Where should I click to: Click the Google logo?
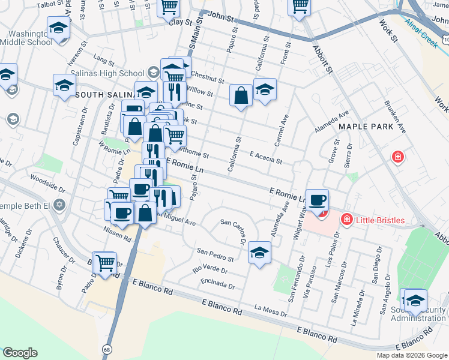pos(20,353)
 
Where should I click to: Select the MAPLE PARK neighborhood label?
pos(366,127)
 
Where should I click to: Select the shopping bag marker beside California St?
pos(241,95)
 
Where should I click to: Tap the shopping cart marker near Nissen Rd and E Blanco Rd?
pos(106,263)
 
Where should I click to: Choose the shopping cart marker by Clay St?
pos(169,8)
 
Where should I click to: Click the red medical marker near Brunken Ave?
pos(397,158)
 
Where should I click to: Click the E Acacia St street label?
pos(265,157)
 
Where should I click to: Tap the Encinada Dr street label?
pos(218,283)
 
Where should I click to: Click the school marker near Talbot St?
pos(58,29)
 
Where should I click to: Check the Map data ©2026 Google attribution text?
pos(412,355)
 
